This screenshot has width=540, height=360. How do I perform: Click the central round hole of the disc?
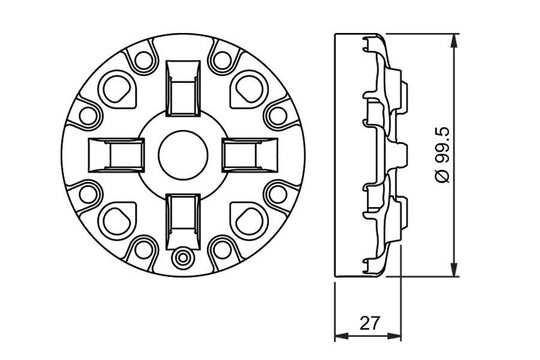point(181,155)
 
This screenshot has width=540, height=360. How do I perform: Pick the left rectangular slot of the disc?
point(112,155)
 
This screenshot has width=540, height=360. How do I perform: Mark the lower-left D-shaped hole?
point(117,218)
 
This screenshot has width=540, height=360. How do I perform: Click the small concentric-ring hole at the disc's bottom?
point(181,258)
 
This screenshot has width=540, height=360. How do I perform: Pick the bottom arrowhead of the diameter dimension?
point(456,271)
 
